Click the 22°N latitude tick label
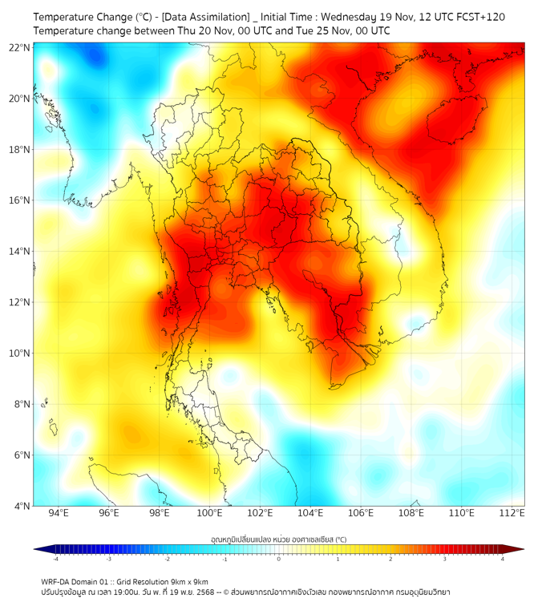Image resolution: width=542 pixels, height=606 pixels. [19, 47]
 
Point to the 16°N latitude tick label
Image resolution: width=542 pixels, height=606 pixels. [19, 200]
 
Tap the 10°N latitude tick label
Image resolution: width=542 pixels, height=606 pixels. [19, 353]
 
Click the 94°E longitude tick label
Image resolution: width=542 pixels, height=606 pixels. [59, 513]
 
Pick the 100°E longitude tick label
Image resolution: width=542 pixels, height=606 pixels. [210, 513]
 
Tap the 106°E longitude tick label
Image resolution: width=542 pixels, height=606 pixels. [361, 513]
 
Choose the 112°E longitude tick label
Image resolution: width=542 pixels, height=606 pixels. [512, 513]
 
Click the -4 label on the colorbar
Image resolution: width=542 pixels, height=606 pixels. [55, 559]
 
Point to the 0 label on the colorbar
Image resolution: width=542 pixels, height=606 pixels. [279, 559]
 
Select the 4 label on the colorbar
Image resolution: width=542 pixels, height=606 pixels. [503, 559]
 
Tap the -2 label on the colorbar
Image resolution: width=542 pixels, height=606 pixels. [167, 559]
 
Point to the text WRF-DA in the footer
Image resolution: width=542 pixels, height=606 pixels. [59, 582]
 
